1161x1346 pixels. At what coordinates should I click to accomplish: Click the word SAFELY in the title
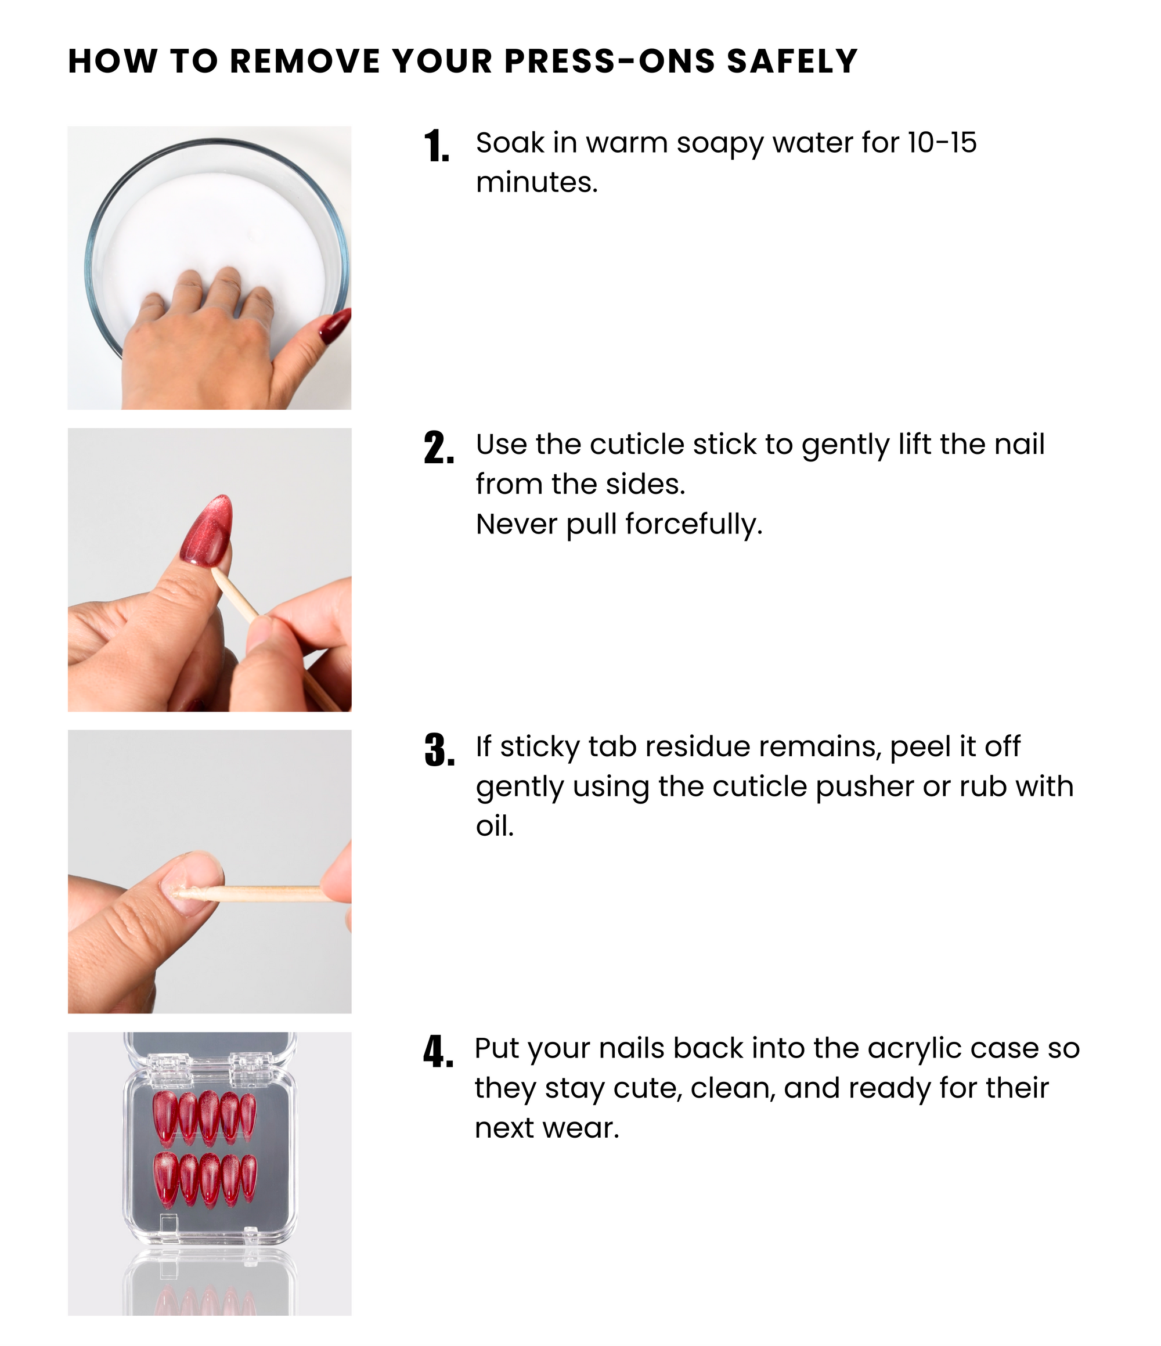pyautogui.click(x=792, y=62)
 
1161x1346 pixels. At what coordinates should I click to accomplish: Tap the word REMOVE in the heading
pyautogui.click(x=305, y=62)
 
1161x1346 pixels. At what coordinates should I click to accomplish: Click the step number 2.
pyautogui.click(x=438, y=448)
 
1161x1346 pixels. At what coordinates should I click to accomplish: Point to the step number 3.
pyautogui.click(x=439, y=750)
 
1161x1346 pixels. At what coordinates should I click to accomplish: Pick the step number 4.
pyautogui.click(x=438, y=1052)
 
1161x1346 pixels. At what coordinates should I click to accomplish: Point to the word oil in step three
pyautogui.click(x=495, y=827)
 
